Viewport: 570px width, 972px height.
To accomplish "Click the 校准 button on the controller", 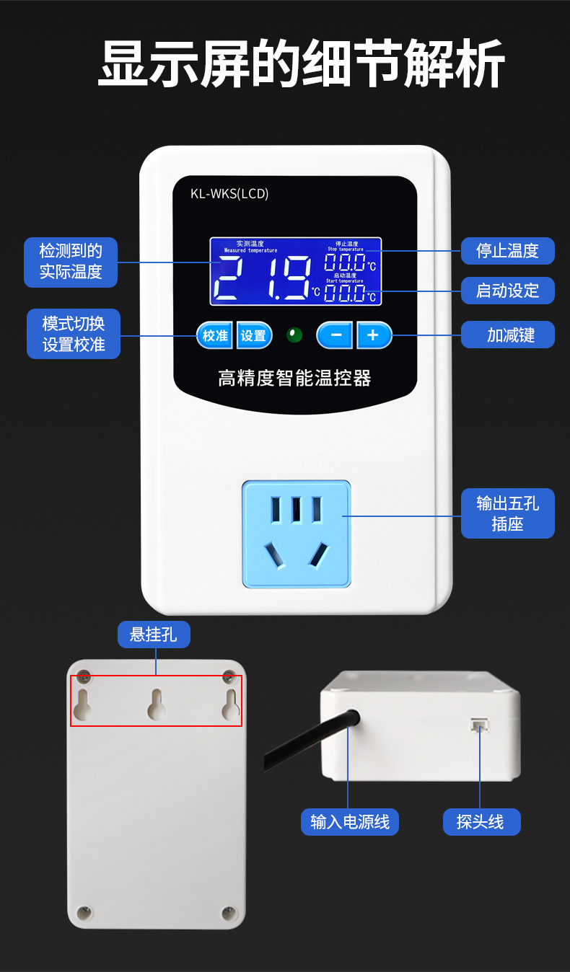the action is (214, 335).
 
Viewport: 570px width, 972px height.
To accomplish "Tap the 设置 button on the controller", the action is (254, 335).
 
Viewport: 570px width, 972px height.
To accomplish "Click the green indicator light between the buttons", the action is (294, 335).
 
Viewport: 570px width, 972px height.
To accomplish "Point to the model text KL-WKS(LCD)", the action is (229, 193).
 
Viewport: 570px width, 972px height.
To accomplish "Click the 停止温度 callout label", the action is (507, 251).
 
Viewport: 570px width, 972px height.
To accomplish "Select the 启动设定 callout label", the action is (507, 291).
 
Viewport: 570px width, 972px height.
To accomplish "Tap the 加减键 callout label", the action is (507, 335).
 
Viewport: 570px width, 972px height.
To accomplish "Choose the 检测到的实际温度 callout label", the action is (71, 262).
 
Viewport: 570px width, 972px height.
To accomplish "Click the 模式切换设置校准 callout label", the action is (74, 334).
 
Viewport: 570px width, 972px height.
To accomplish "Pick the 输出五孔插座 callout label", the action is (507, 513).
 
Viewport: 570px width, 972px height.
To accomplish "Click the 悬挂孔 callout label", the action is (154, 635).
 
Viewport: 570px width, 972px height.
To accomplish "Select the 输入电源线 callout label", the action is (349, 821).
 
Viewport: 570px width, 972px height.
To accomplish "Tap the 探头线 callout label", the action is (481, 821).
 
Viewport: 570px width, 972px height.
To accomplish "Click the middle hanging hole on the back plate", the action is (157, 704).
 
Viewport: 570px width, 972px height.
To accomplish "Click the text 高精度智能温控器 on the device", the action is (294, 377).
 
